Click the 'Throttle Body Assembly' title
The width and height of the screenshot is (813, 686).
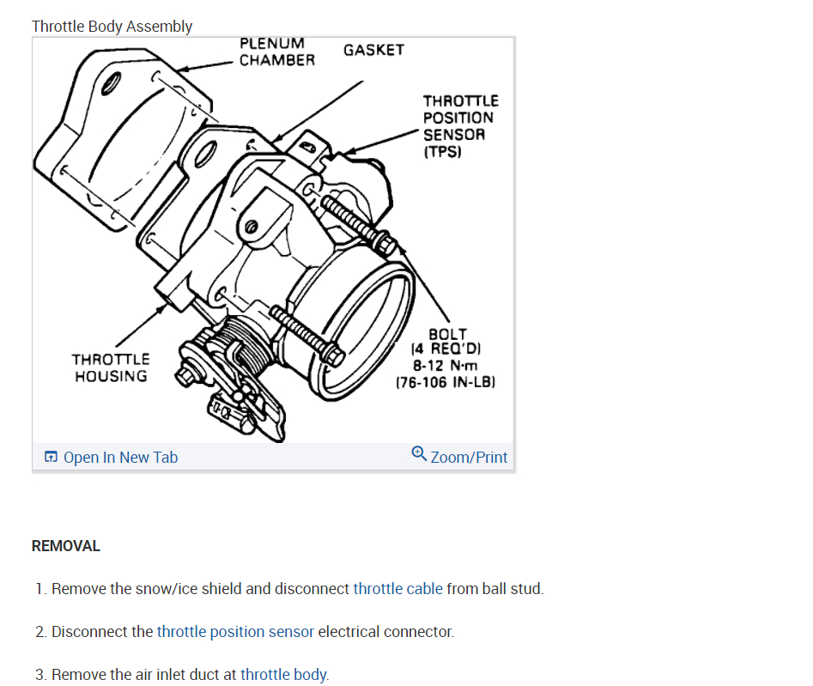(112, 27)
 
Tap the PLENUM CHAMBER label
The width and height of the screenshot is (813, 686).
(276, 52)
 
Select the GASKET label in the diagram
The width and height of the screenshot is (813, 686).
(373, 50)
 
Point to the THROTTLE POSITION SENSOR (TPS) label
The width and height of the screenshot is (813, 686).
(460, 126)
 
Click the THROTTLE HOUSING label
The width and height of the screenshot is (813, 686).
(110, 367)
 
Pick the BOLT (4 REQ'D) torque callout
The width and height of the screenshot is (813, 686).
(446, 358)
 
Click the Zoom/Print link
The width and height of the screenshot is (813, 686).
(469, 458)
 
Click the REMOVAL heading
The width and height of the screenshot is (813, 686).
(66, 546)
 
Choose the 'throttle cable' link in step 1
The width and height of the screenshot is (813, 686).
(397, 589)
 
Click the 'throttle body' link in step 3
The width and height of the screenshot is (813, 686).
(283, 675)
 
